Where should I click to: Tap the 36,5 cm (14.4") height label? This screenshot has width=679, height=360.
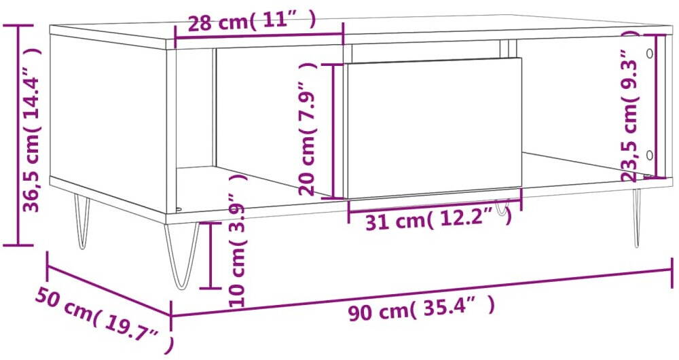coord(32,129)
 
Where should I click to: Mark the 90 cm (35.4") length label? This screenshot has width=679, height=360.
coord(421,309)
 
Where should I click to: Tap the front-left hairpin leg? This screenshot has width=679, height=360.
coord(182,255)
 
